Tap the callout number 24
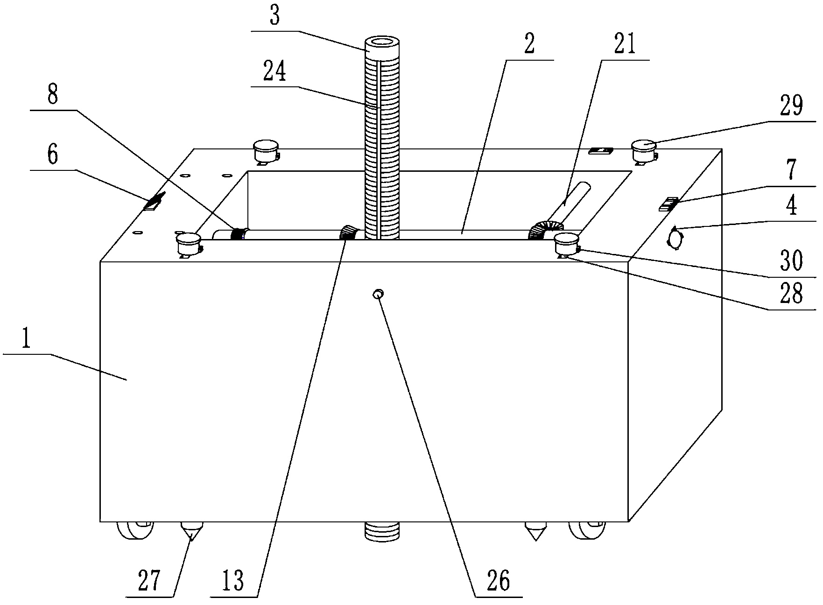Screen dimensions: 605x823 coord(274,72)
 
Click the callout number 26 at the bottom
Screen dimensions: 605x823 coord(498,581)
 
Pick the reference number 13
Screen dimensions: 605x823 coord(233,581)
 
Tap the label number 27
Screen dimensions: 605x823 coord(149,581)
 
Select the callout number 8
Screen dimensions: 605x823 coord(52,96)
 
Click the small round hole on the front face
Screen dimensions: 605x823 coord(378,294)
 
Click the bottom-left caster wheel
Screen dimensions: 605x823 coord(135,530)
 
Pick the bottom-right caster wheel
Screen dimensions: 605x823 coord(587,530)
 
